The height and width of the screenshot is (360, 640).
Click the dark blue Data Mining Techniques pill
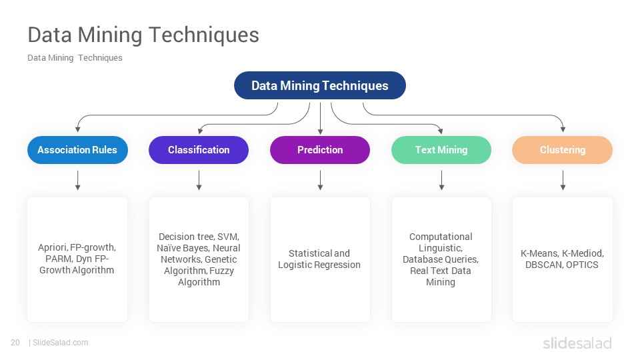point(319,85)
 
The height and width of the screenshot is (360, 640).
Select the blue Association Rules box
point(77,150)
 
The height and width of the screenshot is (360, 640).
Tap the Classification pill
point(199,150)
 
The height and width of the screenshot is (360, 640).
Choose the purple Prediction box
point(320,150)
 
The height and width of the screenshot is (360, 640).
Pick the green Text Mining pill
point(441,150)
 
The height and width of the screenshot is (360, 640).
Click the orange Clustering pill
point(563,150)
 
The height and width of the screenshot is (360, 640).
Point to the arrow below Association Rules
point(77,181)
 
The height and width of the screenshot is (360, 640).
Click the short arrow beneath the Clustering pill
point(563,181)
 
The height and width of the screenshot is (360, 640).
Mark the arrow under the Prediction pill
point(321,181)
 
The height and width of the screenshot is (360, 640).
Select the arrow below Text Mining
point(441,181)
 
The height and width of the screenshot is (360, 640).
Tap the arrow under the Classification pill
point(199,181)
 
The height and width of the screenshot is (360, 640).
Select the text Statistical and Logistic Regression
point(319,259)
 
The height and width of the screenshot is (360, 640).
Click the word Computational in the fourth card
point(441,237)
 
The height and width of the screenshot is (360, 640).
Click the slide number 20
point(15,343)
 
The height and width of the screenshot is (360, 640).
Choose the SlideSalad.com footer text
point(61,343)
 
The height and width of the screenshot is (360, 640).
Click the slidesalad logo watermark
point(577,343)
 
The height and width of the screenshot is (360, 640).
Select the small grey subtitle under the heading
point(75,58)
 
